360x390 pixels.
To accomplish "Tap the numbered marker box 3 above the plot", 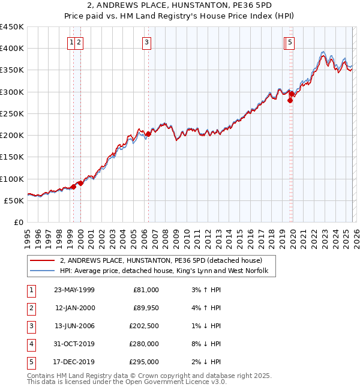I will (147, 42).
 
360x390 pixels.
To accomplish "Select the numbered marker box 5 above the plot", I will (290, 42).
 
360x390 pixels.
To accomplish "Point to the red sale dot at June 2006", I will (148, 134).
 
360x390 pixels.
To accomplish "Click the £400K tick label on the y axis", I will (12, 49).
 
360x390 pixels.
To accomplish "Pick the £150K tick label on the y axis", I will (12, 157).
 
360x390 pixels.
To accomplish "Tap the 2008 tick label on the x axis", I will (165, 233).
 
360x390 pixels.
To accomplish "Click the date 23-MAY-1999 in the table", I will (74, 290).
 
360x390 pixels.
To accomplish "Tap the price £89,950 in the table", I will (143, 308).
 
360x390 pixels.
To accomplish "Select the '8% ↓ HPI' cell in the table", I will (204, 344).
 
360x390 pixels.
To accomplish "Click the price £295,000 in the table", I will (143, 362).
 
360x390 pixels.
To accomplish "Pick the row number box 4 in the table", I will (31, 344).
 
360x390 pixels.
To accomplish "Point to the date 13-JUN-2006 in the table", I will (74, 326).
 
